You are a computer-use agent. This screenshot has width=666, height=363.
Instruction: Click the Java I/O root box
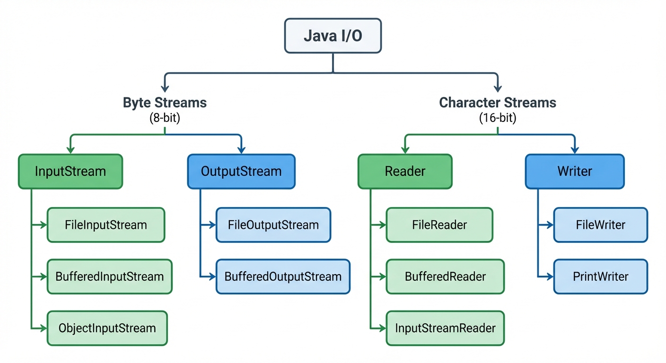(x=333, y=36)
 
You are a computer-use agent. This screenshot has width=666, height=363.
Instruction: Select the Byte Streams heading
(x=165, y=103)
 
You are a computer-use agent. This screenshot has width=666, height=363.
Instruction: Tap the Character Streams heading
(x=498, y=103)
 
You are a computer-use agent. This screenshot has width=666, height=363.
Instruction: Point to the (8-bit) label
(x=165, y=118)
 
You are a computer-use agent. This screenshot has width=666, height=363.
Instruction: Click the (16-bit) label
(x=498, y=118)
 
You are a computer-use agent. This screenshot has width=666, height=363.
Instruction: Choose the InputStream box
(x=70, y=171)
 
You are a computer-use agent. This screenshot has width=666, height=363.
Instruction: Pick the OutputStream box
(x=241, y=171)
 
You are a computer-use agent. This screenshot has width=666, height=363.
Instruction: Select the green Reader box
(x=405, y=171)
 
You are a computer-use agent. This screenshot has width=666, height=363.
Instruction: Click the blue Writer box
(x=575, y=171)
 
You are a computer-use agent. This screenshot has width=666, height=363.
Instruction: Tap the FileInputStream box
(x=106, y=225)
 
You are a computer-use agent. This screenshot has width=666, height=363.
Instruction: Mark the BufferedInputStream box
(x=110, y=277)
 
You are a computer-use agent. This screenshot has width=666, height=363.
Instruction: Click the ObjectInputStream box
(x=107, y=328)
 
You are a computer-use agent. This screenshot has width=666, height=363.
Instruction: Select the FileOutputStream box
(x=273, y=225)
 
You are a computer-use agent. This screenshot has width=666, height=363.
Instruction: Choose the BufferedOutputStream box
(x=283, y=277)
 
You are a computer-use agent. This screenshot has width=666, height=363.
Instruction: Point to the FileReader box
(x=439, y=225)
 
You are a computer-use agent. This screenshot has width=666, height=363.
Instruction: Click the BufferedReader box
(x=445, y=277)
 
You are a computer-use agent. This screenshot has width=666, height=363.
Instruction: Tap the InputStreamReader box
(x=445, y=328)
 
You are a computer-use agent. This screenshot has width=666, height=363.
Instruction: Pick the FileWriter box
(x=600, y=225)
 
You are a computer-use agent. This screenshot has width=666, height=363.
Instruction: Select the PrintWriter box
(x=600, y=277)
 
